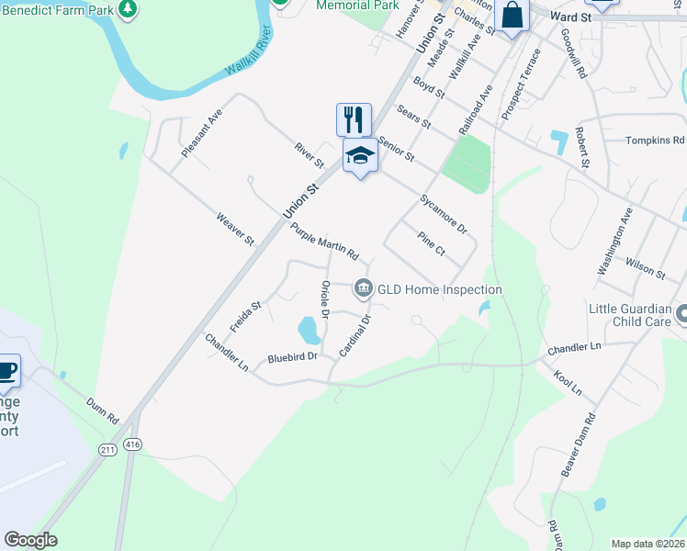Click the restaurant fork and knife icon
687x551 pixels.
click(354, 119)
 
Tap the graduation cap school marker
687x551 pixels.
click(360, 157)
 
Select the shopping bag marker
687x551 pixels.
click(512, 16)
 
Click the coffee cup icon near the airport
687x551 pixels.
click(7, 370)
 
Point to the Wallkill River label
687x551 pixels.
click(251, 59)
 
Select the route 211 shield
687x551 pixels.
click(107, 448)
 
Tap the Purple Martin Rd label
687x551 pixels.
click(324, 242)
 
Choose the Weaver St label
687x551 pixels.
click(234, 230)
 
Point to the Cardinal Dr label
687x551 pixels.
click(355, 336)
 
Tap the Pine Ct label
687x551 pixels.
click(431, 243)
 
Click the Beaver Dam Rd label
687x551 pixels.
click(579, 444)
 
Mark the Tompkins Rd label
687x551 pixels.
click(655, 141)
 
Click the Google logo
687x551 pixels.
click(30, 540)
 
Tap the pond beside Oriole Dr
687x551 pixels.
click(309, 326)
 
